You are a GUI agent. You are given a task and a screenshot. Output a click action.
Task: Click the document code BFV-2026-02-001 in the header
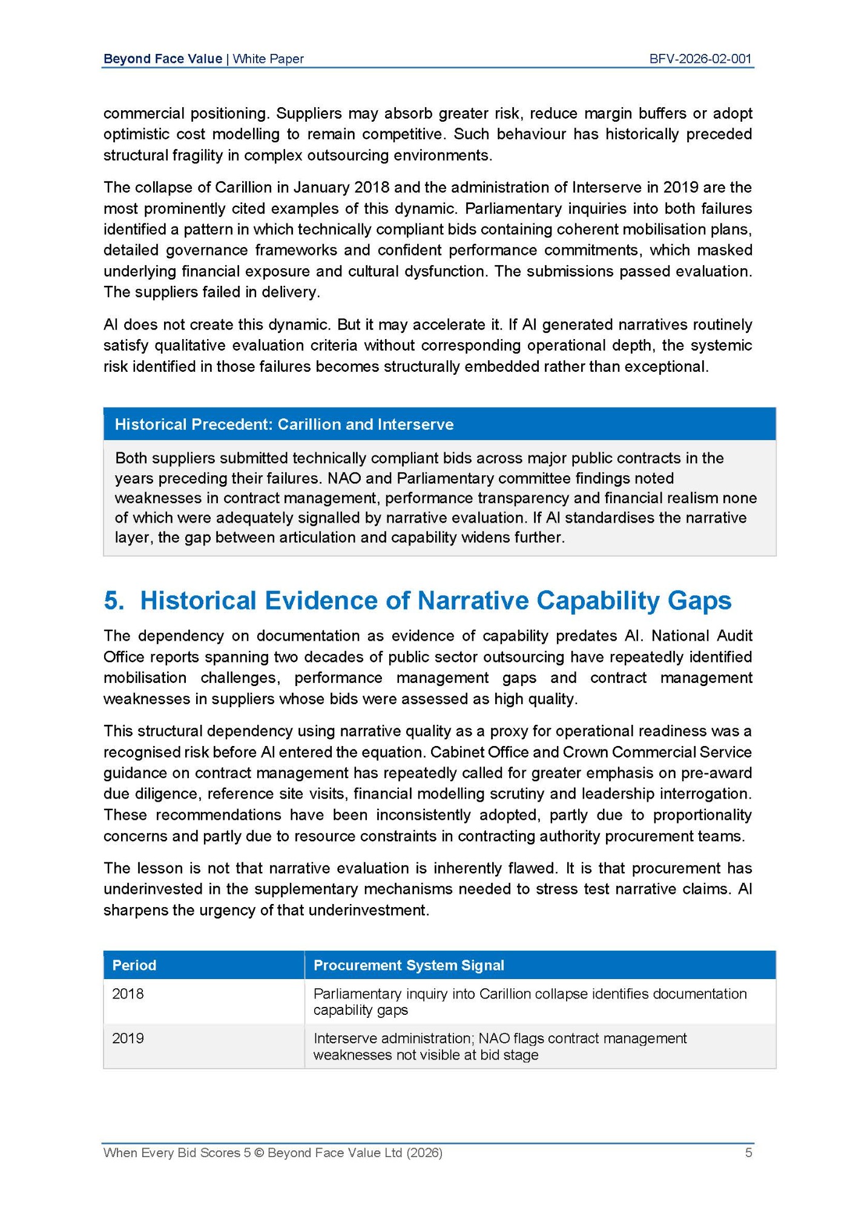tap(700, 59)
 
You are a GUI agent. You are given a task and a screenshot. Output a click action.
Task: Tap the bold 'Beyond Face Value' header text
tap(162, 59)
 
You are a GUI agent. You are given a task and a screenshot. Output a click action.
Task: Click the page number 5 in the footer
tap(748, 1152)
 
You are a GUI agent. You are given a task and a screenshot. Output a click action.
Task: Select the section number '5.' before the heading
tap(114, 601)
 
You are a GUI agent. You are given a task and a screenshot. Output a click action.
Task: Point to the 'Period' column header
tap(134, 965)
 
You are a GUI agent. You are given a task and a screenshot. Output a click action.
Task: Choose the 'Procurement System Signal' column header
tap(409, 965)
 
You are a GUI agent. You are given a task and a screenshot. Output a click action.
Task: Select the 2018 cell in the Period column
tap(128, 994)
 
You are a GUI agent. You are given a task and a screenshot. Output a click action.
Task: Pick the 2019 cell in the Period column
tap(128, 1038)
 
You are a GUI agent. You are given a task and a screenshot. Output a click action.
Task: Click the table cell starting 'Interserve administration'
tap(499, 1046)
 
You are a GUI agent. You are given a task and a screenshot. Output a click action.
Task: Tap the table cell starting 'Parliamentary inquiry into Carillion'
tap(530, 1001)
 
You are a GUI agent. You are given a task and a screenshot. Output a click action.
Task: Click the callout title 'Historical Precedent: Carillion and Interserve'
tap(284, 424)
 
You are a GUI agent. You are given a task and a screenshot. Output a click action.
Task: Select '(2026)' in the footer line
tap(424, 1153)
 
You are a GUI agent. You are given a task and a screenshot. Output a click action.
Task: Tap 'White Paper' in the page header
tap(268, 59)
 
